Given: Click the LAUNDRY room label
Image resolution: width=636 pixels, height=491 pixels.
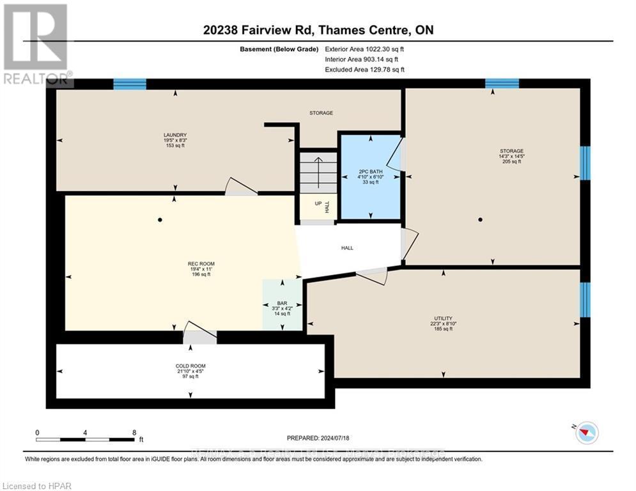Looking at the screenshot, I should (175, 135).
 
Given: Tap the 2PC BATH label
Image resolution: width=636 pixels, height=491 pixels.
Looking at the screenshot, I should (371, 172).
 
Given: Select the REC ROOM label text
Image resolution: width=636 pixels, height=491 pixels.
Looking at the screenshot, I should (201, 264).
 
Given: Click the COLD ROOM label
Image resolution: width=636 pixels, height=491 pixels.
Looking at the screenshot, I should (188, 367).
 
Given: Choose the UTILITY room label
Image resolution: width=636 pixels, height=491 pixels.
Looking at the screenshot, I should (443, 318).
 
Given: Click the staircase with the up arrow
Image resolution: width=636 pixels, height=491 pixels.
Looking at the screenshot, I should (318, 171).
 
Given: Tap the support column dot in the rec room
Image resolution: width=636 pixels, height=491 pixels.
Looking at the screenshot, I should (160, 220).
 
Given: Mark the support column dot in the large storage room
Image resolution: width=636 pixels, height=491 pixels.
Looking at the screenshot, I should (480, 219).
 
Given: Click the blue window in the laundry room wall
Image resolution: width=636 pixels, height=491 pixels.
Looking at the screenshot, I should (130, 84).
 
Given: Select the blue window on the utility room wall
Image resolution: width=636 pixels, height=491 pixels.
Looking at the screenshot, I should (585, 299).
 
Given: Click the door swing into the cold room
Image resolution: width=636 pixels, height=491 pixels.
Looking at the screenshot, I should (199, 332).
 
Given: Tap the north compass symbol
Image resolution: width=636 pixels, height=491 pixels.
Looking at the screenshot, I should (586, 433).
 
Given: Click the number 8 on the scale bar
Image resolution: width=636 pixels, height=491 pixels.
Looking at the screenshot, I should (134, 432).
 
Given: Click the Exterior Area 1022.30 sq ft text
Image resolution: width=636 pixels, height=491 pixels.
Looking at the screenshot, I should (364, 49).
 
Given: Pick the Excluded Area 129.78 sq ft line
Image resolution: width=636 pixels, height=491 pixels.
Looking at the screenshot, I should (364, 69).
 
